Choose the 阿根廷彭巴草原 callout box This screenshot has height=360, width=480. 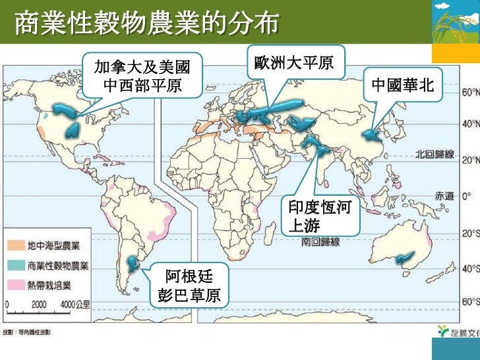click(189, 285)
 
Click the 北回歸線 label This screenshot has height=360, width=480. click(435, 154)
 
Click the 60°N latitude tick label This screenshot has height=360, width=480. click(469, 92)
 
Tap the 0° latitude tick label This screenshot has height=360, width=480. click(467, 196)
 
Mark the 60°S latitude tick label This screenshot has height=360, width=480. click(469, 301)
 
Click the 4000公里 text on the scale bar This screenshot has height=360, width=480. click(75, 305)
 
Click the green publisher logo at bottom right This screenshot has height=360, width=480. click(445, 331)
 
